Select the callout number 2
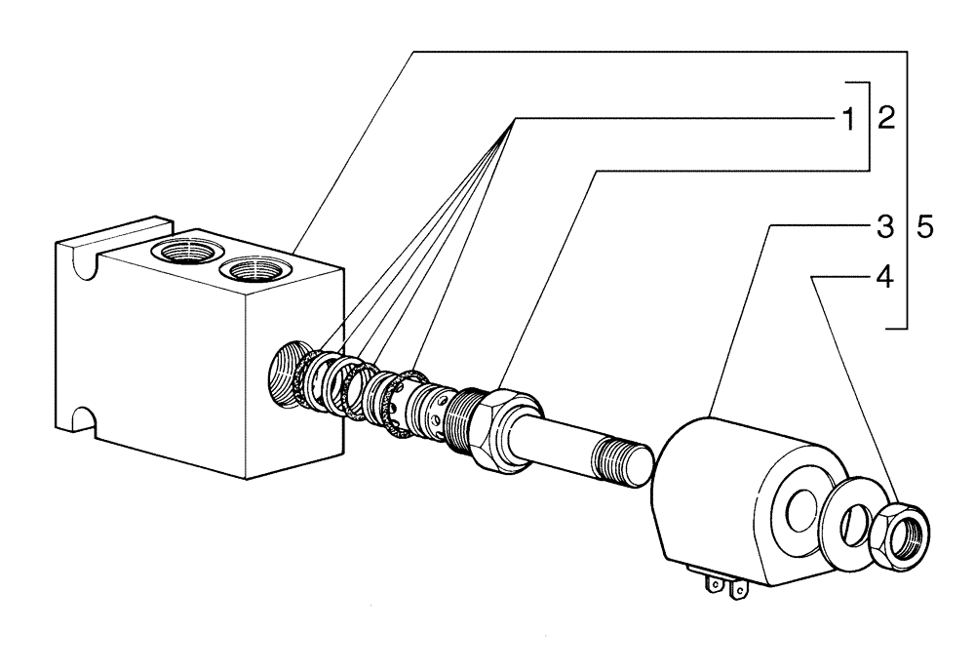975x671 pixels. click(885, 120)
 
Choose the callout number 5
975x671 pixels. click(925, 228)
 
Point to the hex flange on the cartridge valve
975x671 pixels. click(503, 429)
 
